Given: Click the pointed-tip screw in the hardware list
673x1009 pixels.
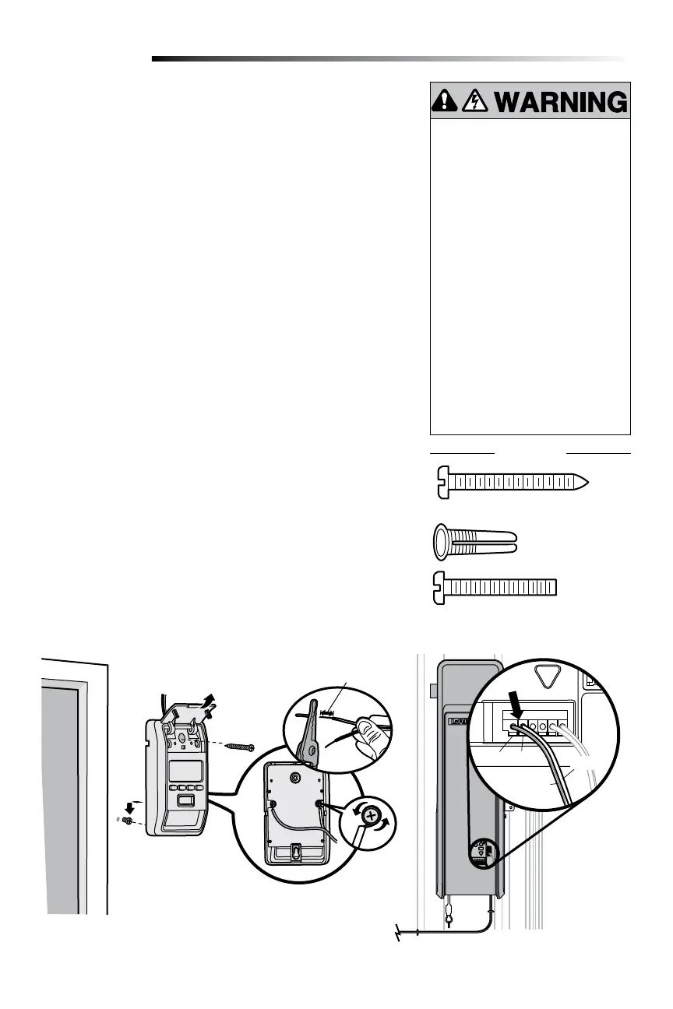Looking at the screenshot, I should [509, 482].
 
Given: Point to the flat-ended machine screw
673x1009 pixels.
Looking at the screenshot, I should [495, 586].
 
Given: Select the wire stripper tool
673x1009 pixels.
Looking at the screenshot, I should [308, 730].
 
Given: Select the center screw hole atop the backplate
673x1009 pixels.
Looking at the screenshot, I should [295, 776].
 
